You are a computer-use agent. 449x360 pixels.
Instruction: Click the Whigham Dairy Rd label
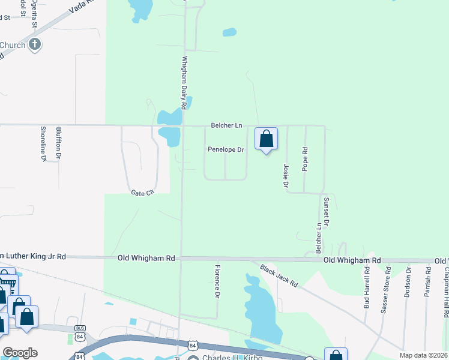[x=185, y=82]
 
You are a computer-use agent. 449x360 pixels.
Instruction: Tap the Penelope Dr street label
[x=226, y=149]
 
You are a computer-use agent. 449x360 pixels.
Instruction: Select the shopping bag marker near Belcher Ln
[x=267, y=139]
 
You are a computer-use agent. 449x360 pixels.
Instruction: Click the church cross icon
[x=35, y=44]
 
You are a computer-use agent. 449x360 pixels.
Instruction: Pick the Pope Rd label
[x=305, y=159]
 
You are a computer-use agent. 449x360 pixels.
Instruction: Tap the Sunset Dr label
[x=326, y=211]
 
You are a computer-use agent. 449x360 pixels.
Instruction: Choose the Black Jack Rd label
[x=279, y=275]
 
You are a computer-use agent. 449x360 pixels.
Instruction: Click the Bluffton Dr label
[x=59, y=145]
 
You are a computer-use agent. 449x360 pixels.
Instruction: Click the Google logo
[x=19, y=353]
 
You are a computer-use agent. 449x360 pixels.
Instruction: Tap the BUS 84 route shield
[x=80, y=331]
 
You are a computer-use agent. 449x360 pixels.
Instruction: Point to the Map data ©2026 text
[x=424, y=355]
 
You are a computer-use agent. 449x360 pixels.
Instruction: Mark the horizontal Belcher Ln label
[x=226, y=125]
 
